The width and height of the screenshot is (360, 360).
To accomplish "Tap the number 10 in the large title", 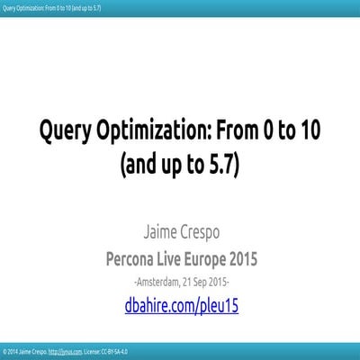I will pos(309,134).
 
